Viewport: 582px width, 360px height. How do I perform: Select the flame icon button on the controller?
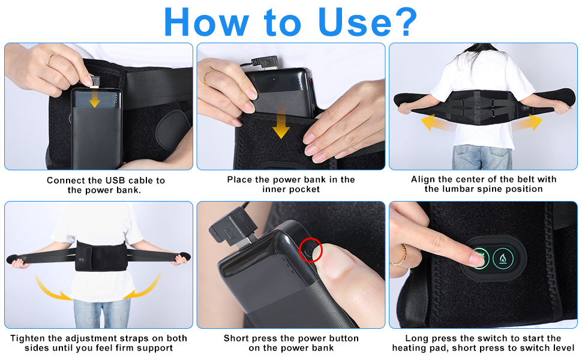point(503,259)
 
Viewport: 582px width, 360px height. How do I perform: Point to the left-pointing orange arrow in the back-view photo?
point(435,122)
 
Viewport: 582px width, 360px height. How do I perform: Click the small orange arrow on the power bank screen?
point(94,100)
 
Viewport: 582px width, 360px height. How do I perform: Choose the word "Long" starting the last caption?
point(416,338)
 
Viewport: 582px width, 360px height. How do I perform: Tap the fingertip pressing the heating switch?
point(478,259)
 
